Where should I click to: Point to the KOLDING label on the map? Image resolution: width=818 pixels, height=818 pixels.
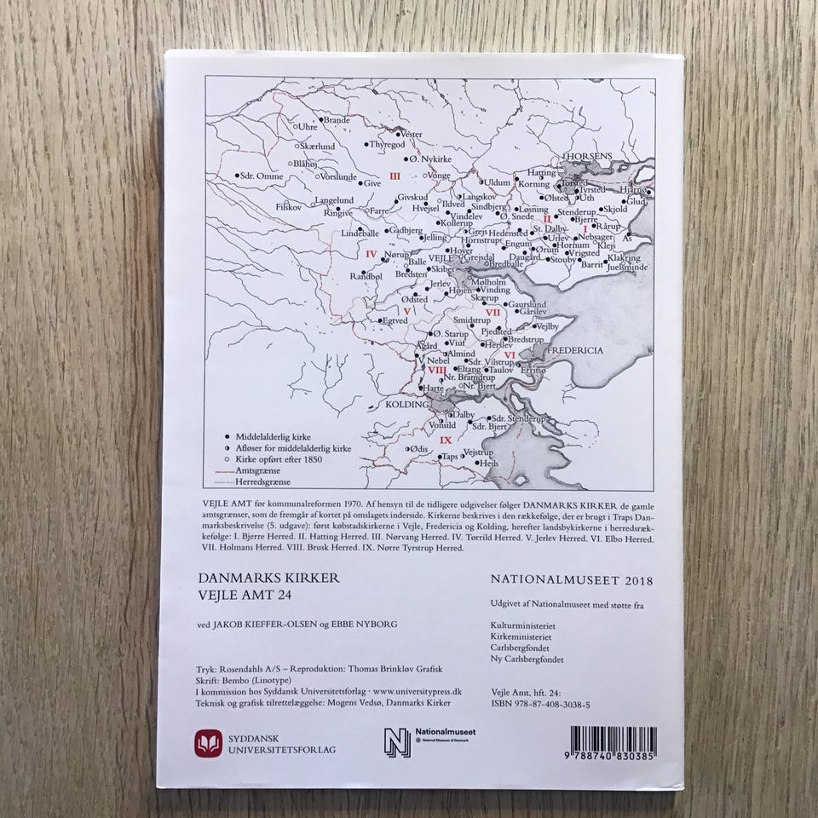pos(406,406)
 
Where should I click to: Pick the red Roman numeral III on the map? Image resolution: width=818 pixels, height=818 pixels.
pos(395,176)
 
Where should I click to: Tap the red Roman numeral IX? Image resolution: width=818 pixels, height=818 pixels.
pos(445,440)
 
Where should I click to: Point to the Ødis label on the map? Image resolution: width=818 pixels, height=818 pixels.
pos(418,448)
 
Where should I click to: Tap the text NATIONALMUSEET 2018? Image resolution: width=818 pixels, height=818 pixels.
pos(571,580)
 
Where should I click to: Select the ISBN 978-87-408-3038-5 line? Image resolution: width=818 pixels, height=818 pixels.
pos(541,706)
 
